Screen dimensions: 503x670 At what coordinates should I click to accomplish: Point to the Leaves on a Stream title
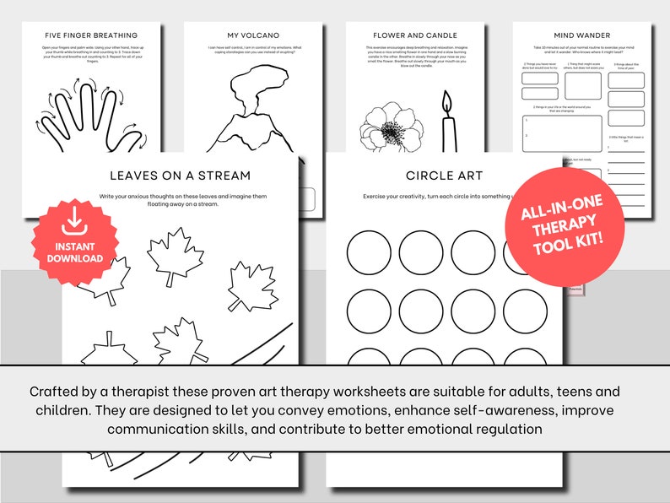tap(180, 176)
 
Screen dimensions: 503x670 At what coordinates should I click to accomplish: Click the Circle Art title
tap(432, 176)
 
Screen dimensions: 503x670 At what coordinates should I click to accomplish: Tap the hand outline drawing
tap(84, 114)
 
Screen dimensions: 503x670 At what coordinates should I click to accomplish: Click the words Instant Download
tap(74, 251)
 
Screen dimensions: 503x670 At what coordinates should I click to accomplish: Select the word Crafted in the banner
tap(56, 392)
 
